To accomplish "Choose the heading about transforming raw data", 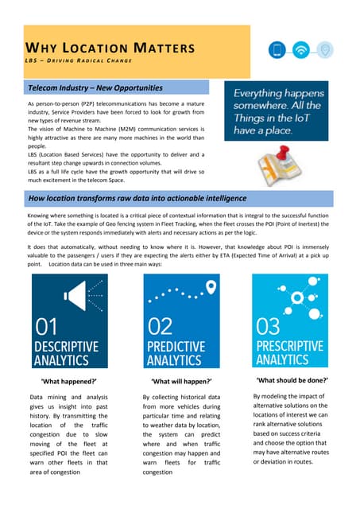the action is [x=137, y=197].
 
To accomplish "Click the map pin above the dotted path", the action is [x=188, y=286].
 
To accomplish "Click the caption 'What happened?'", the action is [x=68, y=383].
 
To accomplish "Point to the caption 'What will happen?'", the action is [x=180, y=383].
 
